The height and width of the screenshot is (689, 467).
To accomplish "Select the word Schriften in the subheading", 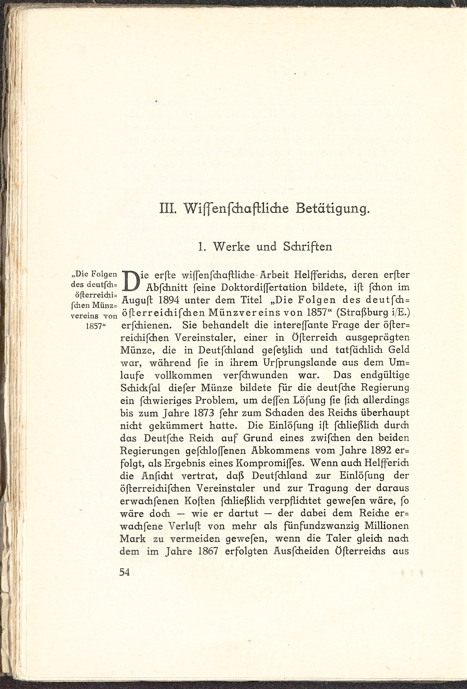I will click(307, 246).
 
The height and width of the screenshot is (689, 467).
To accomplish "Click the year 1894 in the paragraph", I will click(169, 300).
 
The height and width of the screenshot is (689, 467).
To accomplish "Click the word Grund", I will click(256, 438).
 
